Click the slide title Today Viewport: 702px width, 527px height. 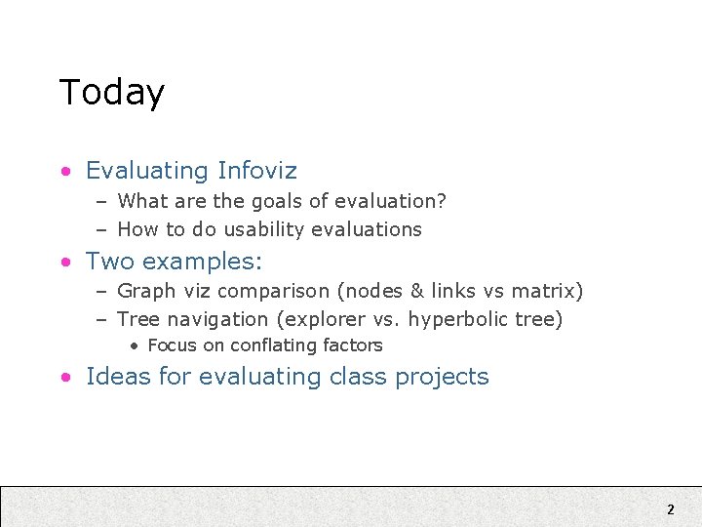coord(111,92)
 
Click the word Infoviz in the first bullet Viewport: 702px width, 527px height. coord(257,171)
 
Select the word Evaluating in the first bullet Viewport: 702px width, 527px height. coord(147,171)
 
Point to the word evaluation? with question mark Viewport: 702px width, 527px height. coord(390,202)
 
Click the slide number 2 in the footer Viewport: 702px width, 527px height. coord(670,508)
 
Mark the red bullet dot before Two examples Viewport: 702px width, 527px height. coord(64,263)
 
